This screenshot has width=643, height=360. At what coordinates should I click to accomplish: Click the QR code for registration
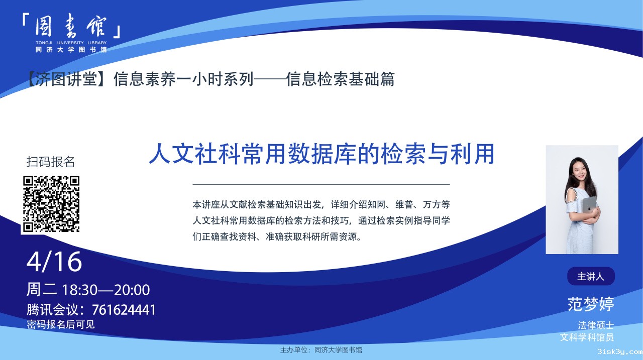click(x=51, y=204)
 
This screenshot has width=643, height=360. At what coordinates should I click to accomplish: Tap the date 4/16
click(x=54, y=262)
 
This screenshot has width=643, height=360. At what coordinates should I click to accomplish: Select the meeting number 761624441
click(x=124, y=310)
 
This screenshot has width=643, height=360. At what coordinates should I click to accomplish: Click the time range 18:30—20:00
click(x=106, y=290)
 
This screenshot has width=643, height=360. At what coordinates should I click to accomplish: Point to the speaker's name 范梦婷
click(x=591, y=304)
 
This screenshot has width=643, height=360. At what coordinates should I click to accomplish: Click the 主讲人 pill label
click(x=591, y=276)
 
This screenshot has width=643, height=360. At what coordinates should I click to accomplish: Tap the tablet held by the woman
click(x=589, y=205)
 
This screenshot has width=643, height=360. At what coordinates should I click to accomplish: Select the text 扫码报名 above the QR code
click(x=51, y=162)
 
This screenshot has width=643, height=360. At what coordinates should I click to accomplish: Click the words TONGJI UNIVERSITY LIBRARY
click(x=71, y=43)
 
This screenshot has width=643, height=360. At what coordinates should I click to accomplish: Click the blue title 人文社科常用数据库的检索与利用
click(x=322, y=154)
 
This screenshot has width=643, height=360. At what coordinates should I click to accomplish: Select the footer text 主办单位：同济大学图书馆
click(x=321, y=350)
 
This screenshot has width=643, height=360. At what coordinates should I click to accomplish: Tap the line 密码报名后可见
click(x=61, y=324)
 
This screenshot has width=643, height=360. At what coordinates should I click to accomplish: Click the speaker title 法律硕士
click(x=596, y=325)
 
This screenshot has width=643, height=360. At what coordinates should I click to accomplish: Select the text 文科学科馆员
click(x=587, y=337)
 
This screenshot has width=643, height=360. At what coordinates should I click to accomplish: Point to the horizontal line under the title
click(x=321, y=184)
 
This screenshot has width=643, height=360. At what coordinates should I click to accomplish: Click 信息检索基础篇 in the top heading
click(x=341, y=79)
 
